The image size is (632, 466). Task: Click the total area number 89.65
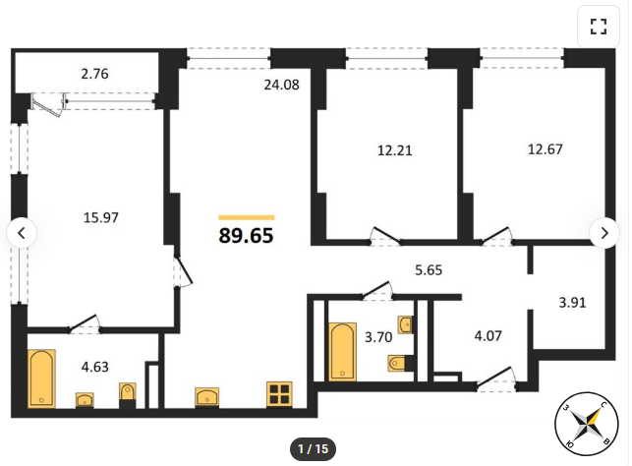246,235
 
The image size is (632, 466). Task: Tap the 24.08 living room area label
282,85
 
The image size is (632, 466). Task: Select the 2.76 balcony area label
94,74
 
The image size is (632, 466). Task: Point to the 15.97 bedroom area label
101,217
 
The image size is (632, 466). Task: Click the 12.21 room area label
394,150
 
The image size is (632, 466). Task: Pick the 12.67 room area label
545,149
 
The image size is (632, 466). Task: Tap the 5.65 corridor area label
429,269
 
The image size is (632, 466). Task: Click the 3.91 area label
572,302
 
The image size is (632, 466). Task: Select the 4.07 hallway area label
488,336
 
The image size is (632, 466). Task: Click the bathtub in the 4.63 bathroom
41,379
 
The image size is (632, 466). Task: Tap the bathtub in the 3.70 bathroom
343,352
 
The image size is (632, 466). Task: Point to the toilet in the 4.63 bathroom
128,395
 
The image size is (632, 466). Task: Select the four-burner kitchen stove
279,394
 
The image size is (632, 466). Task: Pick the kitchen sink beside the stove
207,397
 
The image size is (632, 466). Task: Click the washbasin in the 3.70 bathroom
406,324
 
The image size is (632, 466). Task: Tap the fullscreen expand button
599,27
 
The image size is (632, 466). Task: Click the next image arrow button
604,233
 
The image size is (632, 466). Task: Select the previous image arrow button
22,233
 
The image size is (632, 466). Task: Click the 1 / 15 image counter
313,448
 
